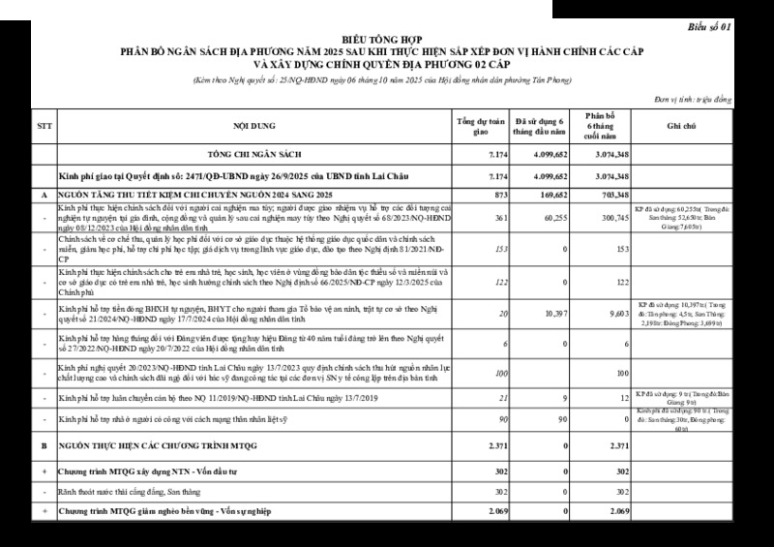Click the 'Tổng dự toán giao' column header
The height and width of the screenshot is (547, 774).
pyautogui.click(x=482, y=127)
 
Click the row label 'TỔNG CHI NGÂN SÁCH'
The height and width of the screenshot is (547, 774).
pyautogui.click(x=254, y=155)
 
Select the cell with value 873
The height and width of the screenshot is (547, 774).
pyautogui.click(x=500, y=195)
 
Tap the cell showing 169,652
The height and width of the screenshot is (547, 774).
pyautogui.click(x=554, y=195)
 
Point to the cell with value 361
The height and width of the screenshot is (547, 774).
pyautogui.click(x=501, y=219)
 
